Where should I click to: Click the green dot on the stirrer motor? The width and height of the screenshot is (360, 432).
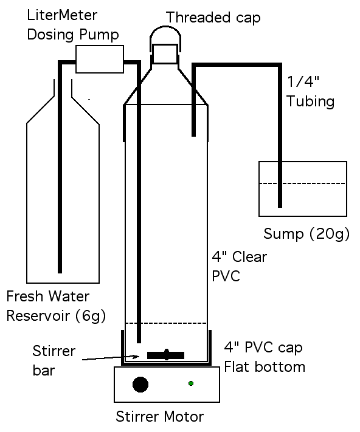pos(191,383)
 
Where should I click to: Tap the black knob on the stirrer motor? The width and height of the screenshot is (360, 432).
pos(140,385)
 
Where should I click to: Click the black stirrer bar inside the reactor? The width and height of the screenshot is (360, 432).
pos(165,355)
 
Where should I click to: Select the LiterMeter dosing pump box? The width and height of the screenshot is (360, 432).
pos(100,59)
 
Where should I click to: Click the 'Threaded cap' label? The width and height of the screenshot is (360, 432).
pos(213,18)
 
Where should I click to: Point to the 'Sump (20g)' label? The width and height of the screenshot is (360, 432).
pos(306,234)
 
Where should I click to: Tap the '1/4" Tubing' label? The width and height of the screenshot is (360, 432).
pos(310,92)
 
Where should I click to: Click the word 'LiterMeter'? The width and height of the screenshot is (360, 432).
pos(62,15)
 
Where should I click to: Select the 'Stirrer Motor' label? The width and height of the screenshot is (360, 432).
pos(159,416)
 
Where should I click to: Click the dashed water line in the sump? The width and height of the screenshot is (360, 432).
pos(303,183)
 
